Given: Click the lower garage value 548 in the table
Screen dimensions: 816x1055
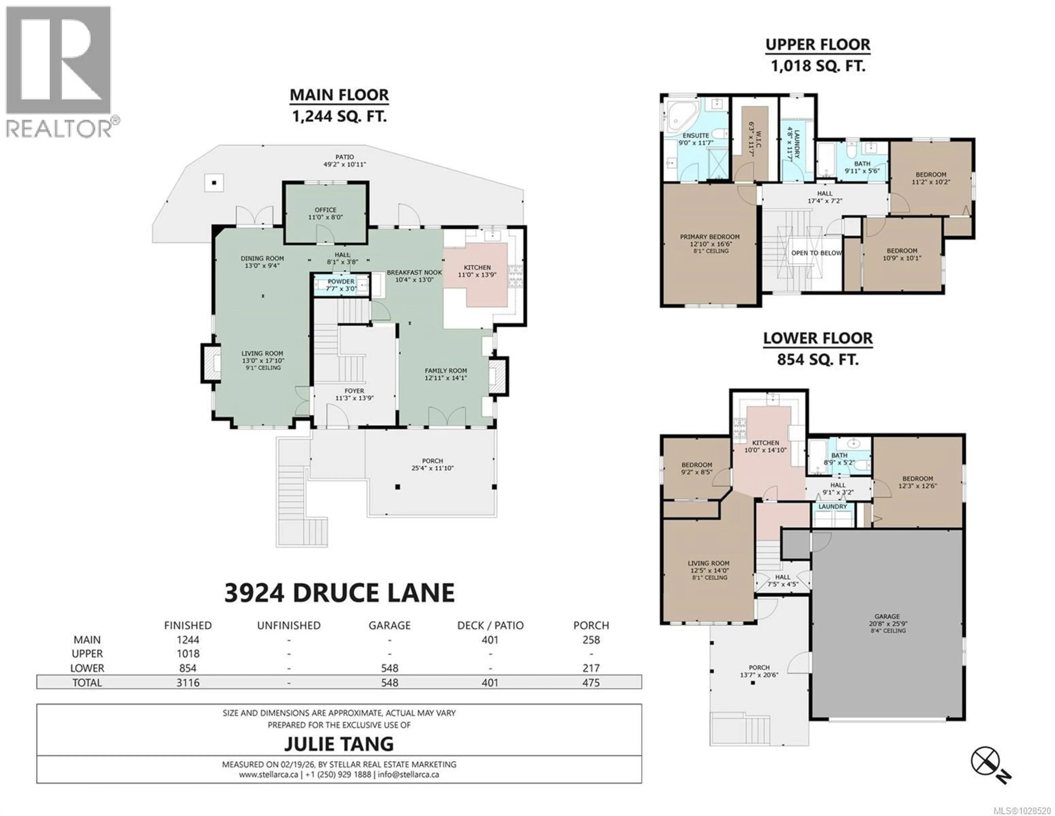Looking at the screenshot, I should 389,668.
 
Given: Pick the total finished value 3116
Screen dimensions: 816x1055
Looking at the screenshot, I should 188,683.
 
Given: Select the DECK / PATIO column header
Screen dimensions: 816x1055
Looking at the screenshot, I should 490,625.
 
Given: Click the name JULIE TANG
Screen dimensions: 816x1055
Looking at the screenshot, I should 339,743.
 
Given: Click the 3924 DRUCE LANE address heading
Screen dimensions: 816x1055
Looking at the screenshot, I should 339,593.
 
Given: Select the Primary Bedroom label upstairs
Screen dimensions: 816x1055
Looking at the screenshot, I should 710,240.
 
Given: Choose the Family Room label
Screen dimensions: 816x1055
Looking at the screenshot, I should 445,374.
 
